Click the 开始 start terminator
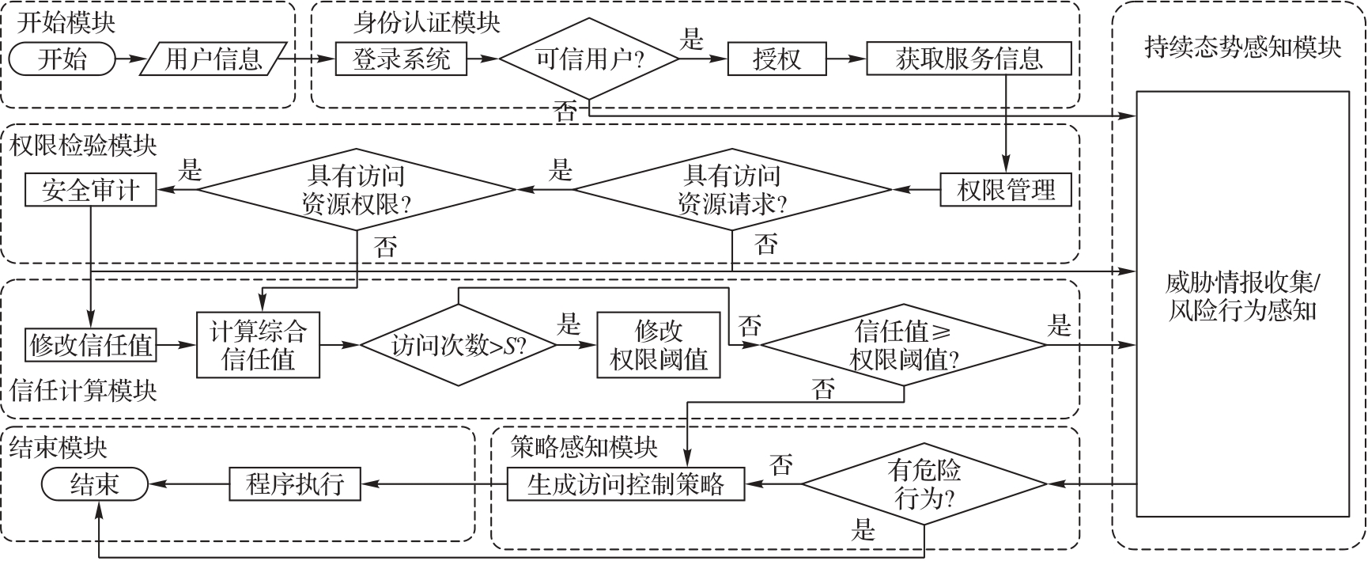point(62,59)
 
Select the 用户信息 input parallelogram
point(213,59)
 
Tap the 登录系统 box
point(401,59)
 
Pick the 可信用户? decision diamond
point(589,59)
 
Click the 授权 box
point(776,59)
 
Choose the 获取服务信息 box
point(969,59)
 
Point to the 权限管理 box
point(1006,190)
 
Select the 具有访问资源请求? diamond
point(732,190)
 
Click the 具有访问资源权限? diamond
point(357,190)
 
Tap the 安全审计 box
point(90,190)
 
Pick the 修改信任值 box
point(90,345)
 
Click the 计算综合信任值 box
point(258,345)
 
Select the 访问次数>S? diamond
point(459,345)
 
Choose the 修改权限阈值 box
point(659,345)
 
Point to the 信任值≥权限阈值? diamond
point(904,345)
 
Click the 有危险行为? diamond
point(924,483)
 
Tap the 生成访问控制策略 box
point(625,483)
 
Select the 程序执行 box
point(295,483)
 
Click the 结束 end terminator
point(95,483)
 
